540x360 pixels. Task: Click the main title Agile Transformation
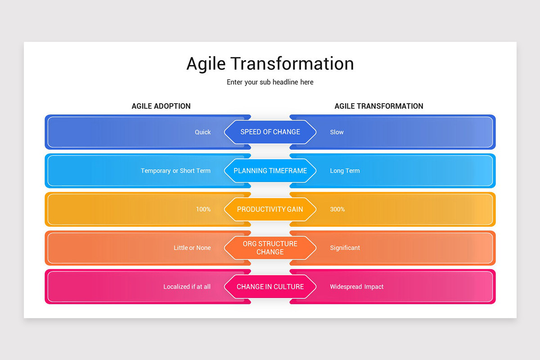point(270,63)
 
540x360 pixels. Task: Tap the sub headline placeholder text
point(270,82)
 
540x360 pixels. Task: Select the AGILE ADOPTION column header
point(161,106)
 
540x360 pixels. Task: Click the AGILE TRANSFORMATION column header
point(379,106)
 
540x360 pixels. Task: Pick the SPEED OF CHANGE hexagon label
point(270,132)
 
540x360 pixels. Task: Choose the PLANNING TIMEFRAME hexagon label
point(270,171)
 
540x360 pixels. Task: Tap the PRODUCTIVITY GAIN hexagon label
point(270,209)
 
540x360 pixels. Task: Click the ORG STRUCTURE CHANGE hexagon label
point(270,248)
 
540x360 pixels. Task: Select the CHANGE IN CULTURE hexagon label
point(270,287)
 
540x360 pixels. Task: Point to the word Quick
point(203,132)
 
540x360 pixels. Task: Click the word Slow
point(337,132)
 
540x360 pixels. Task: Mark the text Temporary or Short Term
point(176,171)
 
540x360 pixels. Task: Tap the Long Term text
point(345,171)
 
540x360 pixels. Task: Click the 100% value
point(203,209)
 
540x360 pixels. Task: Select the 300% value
point(337,209)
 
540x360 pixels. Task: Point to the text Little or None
point(192,248)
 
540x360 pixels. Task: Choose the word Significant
point(345,248)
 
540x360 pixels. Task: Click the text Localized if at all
point(187,287)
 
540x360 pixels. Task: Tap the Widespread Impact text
point(356,287)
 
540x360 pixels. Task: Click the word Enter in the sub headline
point(234,82)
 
